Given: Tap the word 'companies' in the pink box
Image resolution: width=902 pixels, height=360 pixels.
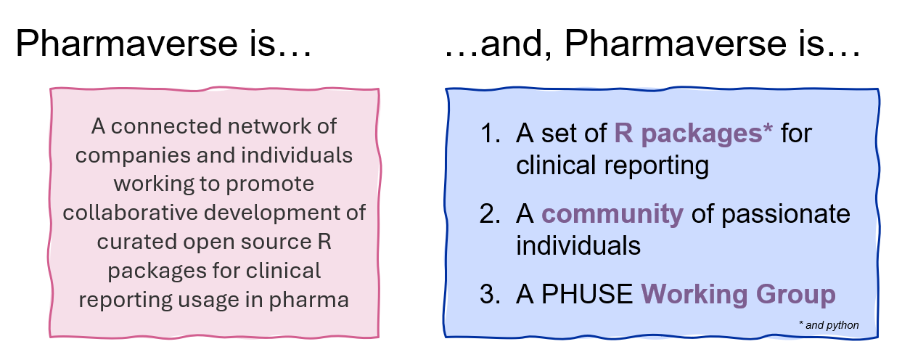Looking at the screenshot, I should [x=123, y=155].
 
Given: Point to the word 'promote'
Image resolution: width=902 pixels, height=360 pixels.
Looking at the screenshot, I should [x=274, y=184].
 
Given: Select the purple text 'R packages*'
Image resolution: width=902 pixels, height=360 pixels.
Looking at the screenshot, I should [x=694, y=134].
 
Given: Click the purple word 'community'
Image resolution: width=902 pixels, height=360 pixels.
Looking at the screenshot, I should [x=612, y=214].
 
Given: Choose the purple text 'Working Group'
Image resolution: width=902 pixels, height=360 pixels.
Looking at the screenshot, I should [x=738, y=295].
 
